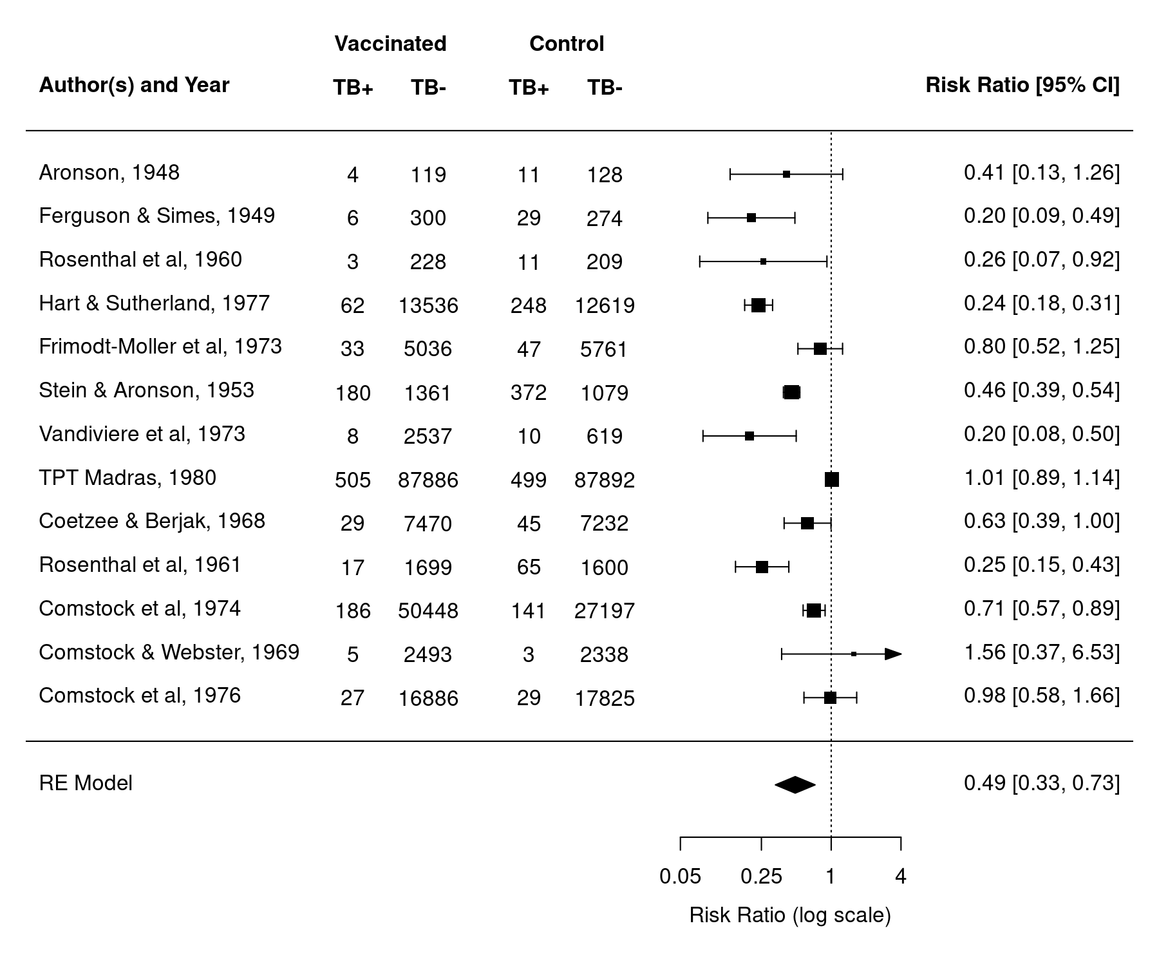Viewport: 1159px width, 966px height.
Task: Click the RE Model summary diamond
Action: (795, 784)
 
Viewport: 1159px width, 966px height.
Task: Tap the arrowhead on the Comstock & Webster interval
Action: (893, 654)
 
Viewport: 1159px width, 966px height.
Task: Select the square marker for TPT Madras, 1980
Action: (832, 480)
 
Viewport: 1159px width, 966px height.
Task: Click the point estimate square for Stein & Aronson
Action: (791, 392)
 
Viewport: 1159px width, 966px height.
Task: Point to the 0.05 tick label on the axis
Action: (681, 876)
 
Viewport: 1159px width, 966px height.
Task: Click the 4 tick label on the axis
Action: (901, 876)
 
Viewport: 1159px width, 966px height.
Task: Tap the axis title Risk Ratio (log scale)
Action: (790, 915)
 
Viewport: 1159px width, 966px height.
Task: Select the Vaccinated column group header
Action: (390, 44)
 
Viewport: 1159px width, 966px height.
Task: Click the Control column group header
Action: (567, 44)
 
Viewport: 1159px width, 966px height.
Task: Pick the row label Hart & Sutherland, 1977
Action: (155, 303)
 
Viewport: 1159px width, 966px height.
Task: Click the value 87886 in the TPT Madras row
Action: (428, 480)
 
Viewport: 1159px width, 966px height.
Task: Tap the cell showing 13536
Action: (428, 305)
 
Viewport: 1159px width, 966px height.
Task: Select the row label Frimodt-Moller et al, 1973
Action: (160, 346)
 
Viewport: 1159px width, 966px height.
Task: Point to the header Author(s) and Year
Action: (134, 85)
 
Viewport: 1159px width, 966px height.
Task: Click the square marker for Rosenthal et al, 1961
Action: (762, 567)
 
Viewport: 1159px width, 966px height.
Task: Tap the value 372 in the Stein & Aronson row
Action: (529, 393)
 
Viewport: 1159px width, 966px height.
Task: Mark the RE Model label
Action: (86, 783)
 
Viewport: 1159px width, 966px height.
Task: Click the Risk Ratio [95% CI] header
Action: (1022, 85)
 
